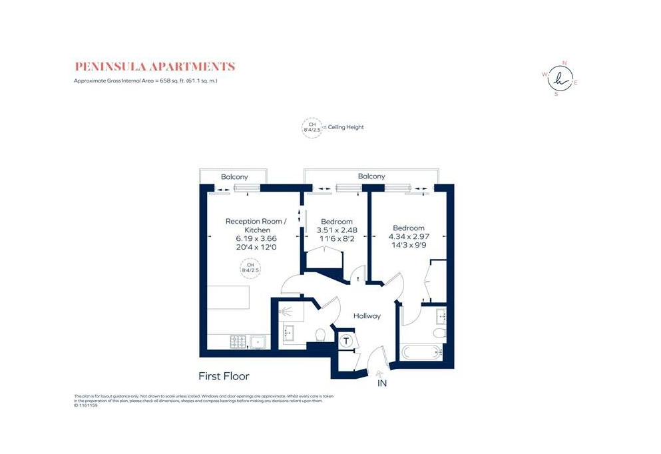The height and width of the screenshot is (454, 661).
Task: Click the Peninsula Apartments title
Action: pos(154,67)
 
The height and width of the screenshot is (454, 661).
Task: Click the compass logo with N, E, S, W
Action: pos(559,78)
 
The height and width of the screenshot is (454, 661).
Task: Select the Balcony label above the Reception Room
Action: pos(234,176)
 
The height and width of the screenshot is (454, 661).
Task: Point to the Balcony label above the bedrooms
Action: pos(371,176)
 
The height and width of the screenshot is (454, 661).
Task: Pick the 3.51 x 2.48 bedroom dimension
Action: pos(336,231)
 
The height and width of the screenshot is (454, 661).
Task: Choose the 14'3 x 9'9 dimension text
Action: pos(408,246)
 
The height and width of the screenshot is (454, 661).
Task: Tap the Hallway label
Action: pos(367,316)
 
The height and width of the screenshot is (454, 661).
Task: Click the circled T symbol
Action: pos(346,341)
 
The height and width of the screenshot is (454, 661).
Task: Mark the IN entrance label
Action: pos(382,384)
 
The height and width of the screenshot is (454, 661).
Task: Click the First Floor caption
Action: pos(224,376)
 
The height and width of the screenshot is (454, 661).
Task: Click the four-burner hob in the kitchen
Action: pos(238,341)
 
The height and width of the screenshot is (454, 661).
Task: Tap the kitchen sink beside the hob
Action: pos(258,342)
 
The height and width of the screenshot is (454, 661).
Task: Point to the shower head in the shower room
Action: pos(286,310)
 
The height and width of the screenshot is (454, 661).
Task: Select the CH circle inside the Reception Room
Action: pos(250,268)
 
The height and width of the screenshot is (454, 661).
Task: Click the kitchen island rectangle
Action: pos(228,297)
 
